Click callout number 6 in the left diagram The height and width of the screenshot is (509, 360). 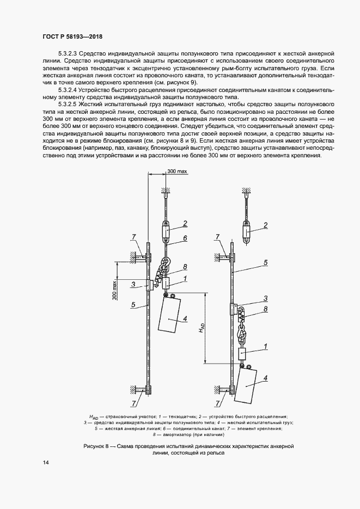pos(186,238)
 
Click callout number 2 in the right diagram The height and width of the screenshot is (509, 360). pos(265,225)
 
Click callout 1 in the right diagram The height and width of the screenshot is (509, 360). pos(265,346)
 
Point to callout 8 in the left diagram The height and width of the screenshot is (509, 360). pos(185,267)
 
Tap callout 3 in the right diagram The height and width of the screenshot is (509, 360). pos(265,298)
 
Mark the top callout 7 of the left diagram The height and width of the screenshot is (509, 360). pos(132,236)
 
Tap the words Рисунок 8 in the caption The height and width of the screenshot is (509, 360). pos(97,446)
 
